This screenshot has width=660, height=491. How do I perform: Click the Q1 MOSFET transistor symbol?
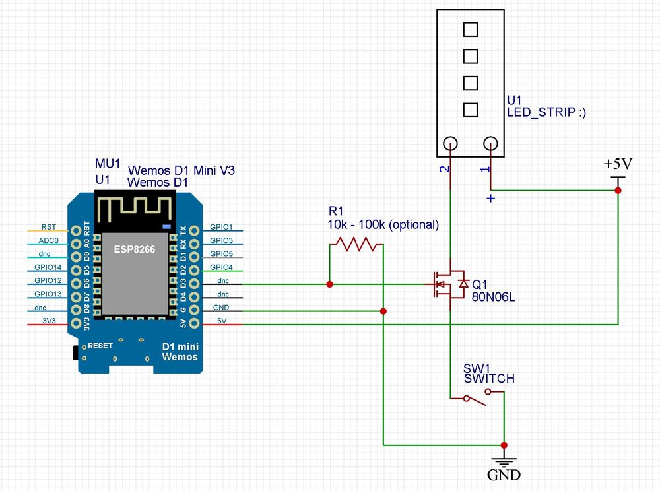[449, 284]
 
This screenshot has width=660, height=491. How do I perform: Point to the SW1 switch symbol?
[477, 396]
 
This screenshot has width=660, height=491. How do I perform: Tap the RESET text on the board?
[100, 345]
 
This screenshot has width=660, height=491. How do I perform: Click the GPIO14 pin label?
[48, 268]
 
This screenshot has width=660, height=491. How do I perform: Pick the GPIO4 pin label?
[221, 267]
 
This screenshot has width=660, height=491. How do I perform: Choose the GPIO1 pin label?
[221, 226]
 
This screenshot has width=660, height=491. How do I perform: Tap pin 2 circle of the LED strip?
[450, 143]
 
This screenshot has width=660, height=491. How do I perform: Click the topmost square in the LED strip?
[470, 30]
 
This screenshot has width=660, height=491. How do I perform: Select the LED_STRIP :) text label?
[546, 112]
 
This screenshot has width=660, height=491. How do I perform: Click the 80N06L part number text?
[494, 297]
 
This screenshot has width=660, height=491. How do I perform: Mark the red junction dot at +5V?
[618, 190]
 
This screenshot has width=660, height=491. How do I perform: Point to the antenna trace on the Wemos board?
[135, 210]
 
